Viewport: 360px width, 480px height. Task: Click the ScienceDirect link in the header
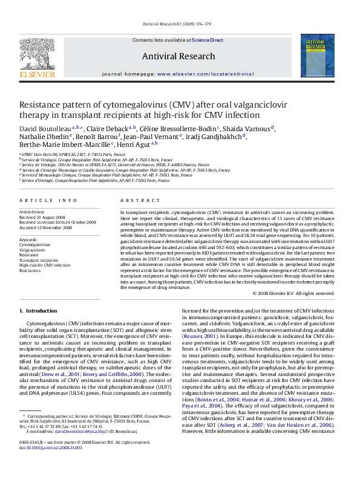click(x=208, y=41)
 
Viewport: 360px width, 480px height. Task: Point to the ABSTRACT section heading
click(x=136, y=199)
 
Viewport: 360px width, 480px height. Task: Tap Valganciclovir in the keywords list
click(x=31, y=249)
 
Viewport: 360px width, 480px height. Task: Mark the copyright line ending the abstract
click(x=305, y=293)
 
